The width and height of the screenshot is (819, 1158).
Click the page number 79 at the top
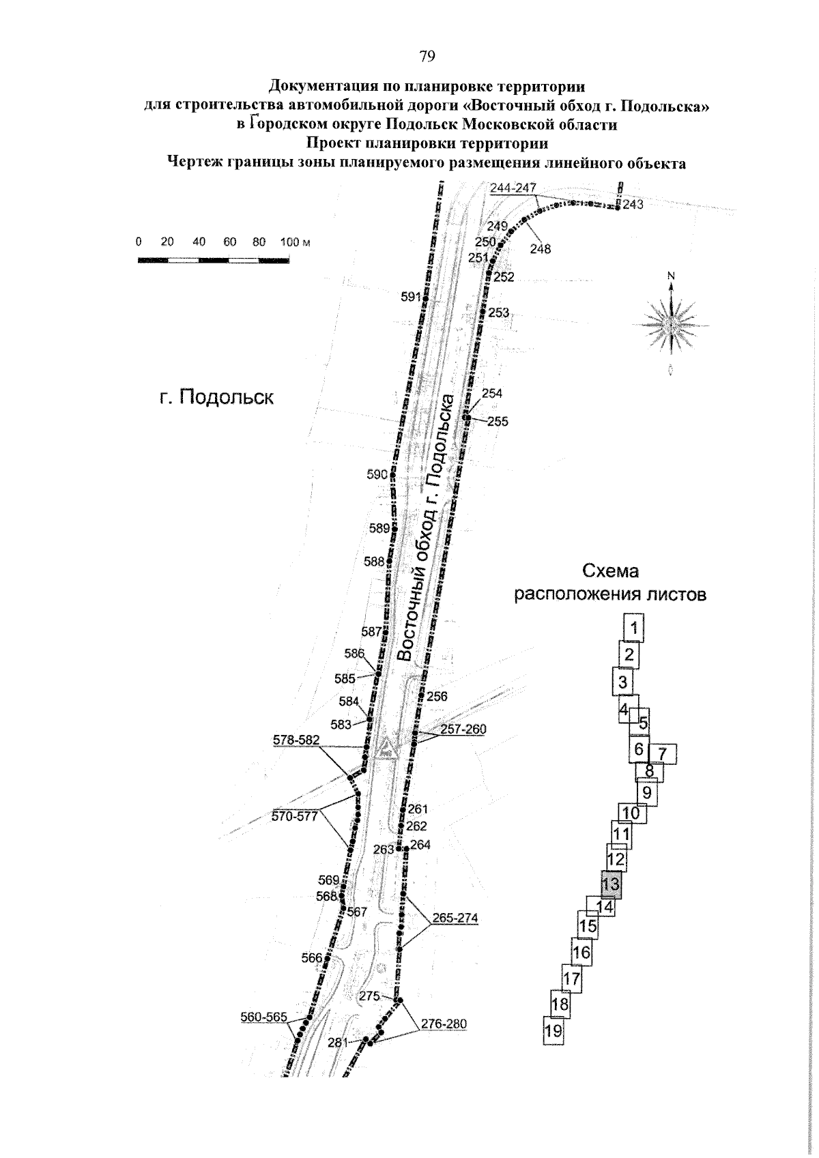click(427, 57)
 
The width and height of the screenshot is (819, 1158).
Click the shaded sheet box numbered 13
click(612, 884)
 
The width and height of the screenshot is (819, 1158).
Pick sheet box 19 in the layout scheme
click(554, 1030)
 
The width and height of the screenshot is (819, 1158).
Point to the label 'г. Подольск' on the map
click(216, 397)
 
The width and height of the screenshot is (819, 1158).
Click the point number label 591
click(411, 297)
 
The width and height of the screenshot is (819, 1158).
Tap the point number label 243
click(633, 204)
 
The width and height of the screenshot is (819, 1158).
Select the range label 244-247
click(513, 188)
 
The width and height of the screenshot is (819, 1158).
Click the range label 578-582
click(296, 740)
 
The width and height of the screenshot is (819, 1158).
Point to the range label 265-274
click(455, 918)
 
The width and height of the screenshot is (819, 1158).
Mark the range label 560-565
click(264, 1017)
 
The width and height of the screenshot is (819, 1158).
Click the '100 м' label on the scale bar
click(295, 242)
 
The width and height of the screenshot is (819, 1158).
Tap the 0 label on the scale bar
click(139, 242)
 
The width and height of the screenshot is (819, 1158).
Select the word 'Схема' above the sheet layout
click(609, 571)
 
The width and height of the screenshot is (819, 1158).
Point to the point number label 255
click(498, 422)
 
